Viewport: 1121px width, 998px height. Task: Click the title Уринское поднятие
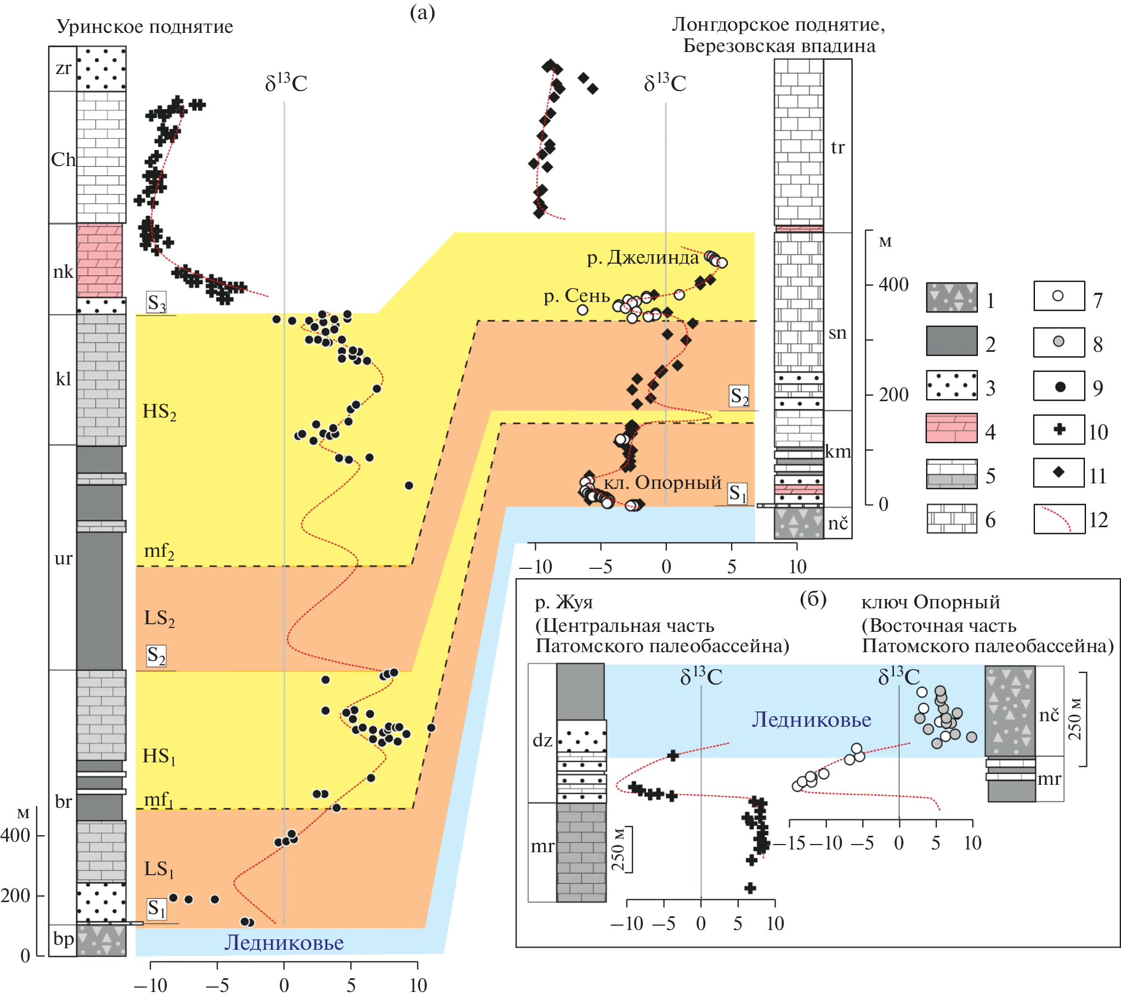tap(145, 26)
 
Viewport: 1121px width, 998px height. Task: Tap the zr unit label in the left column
tap(63, 69)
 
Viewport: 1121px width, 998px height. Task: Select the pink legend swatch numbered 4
tap(952, 428)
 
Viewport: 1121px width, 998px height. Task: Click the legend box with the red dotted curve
tap(1059, 519)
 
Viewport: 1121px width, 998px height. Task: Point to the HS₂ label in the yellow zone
tap(159, 412)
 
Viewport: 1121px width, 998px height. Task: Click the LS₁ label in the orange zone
tap(158, 869)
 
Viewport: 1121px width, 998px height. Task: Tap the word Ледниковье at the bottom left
tap(284, 943)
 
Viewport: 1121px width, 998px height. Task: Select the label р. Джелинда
tap(643, 257)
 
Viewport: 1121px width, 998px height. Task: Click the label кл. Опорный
tap(663, 482)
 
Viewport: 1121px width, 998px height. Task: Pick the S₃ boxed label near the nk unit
tap(156, 303)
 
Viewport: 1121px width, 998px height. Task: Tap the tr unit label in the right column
tap(837, 147)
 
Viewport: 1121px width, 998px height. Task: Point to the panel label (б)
tap(813, 598)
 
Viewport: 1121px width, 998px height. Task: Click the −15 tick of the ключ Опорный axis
tap(795, 843)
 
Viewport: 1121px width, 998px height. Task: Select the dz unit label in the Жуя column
tap(542, 740)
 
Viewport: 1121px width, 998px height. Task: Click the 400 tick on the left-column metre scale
tap(15, 836)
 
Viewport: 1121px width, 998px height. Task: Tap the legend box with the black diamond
tap(1059, 472)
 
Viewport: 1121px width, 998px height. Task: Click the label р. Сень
tap(577, 295)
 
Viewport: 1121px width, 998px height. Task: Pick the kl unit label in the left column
tap(63, 379)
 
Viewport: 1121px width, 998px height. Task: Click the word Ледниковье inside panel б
tap(811, 720)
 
